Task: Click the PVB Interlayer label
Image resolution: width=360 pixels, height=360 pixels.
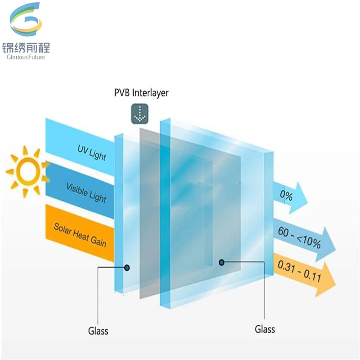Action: coord(141,93)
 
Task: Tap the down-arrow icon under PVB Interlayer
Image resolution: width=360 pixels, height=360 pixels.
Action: coord(140,114)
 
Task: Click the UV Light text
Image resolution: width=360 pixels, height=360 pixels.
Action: coord(92,153)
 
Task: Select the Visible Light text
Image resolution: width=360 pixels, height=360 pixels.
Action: coord(86,193)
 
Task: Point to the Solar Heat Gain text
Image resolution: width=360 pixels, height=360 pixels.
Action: coord(80,235)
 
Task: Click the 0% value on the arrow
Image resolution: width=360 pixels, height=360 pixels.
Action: coord(286,195)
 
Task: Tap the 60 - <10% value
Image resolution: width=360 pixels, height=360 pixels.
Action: coord(299,238)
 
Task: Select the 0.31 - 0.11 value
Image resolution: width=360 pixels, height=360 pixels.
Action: coord(299,271)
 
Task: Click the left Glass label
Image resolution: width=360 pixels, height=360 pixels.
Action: coord(98,331)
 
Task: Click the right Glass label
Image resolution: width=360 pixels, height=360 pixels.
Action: coord(265,329)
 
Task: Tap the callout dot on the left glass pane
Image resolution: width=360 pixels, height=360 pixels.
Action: coord(127,267)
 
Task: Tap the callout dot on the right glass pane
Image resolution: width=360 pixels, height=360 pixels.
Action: coord(221,262)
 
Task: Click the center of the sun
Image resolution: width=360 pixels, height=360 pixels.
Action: coord(27,172)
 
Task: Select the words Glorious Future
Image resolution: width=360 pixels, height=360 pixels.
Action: coord(26,57)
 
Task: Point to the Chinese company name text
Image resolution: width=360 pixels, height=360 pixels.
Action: coord(26,48)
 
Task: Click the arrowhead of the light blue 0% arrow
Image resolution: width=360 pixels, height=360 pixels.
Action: coord(298,198)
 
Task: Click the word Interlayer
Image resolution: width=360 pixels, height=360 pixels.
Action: coord(150,93)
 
